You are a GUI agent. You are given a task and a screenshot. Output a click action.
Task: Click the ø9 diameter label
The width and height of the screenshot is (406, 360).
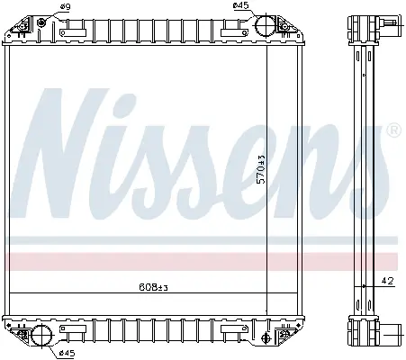[x=65, y=6]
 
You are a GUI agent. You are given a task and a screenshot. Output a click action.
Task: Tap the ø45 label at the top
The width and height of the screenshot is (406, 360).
[x=241, y=5]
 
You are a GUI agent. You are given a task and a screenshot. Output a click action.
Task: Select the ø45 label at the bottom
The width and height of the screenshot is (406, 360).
[x=67, y=353]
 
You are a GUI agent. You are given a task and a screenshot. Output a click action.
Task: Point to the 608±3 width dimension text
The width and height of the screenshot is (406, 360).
[x=153, y=287]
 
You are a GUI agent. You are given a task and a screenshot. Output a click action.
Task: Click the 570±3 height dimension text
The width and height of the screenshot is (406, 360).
[x=262, y=169]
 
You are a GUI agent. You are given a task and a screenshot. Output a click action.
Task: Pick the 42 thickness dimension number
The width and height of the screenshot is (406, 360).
[x=387, y=281]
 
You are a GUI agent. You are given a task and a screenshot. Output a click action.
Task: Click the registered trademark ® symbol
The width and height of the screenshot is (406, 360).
[x=394, y=130]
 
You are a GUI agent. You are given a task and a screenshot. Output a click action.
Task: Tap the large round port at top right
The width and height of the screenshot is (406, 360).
[x=266, y=25]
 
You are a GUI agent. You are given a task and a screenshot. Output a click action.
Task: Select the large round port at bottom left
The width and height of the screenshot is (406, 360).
[x=41, y=335]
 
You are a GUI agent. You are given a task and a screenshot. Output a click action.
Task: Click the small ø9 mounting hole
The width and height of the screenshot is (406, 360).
[x=41, y=22]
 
